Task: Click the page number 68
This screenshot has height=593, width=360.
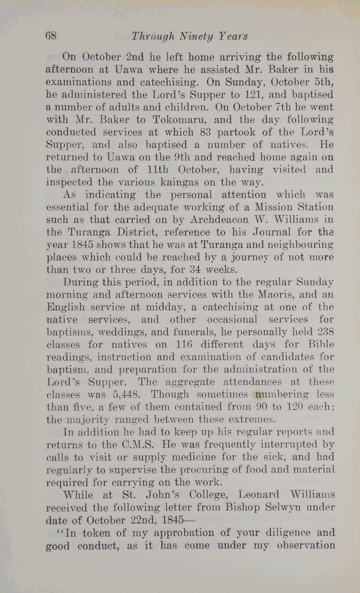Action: pos(50,36)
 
